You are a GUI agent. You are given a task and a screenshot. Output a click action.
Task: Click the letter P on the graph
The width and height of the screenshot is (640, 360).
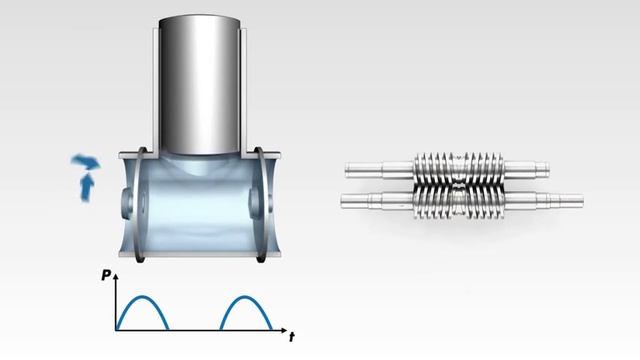pos(106,276)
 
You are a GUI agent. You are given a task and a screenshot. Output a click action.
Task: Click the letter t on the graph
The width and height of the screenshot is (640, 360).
pos(292,337)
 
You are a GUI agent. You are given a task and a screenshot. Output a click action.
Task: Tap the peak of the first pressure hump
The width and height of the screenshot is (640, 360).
pos(142,297)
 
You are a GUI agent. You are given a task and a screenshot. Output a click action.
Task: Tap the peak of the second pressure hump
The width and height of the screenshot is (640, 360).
pos(245,297)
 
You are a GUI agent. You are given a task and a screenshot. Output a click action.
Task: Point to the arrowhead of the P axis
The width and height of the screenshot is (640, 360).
pos(116,276)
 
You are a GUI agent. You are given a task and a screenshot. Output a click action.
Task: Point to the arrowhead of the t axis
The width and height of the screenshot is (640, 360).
pos(284,330)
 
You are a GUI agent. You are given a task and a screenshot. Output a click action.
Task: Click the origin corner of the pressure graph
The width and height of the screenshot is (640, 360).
pos(116,330)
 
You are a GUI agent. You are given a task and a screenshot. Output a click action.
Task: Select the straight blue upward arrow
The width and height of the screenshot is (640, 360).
pos(87,187)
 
